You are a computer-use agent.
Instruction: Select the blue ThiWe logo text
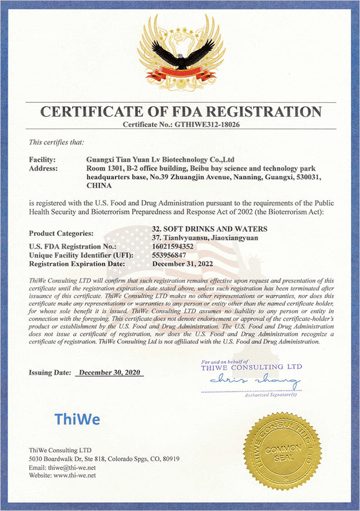tap(77, 419)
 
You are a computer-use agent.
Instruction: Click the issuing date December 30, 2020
tap(109, 372)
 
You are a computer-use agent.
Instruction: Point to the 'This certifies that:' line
tap(56, 142)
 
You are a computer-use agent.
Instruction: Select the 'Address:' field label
tap(43, 168)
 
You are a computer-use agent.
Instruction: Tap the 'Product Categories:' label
tap(61, 233)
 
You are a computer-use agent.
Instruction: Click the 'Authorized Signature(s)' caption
tap(271, 395)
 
